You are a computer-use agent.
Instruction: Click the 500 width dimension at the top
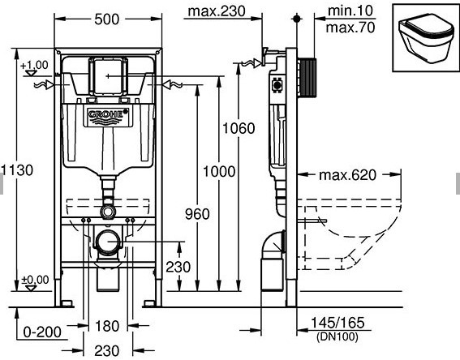coord(107,19)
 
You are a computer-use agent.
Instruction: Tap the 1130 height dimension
coord(17,170)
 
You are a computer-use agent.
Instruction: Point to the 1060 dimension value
coord(239,128)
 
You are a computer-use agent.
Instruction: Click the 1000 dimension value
coord(219,171)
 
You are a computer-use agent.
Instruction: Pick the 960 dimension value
coord(197,214)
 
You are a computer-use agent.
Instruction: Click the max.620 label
coord(347,175)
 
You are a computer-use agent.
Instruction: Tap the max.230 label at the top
coord(217,11)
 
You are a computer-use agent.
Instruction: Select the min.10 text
coord(350,11)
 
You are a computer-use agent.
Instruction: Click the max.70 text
coord(350,28)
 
